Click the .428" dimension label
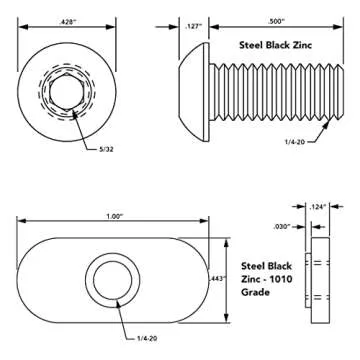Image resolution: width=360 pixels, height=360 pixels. tap(68, 19)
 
